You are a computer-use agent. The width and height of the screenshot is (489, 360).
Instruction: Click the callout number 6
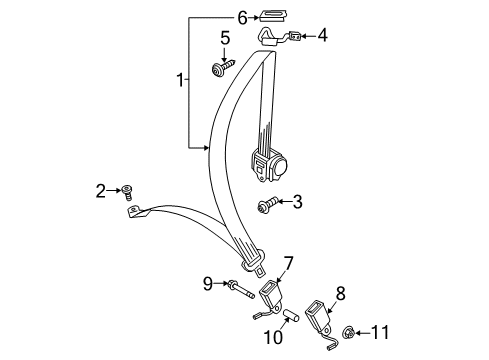242,18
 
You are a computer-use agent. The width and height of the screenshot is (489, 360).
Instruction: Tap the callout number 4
322,36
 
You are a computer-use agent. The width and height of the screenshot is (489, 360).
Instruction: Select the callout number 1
180,80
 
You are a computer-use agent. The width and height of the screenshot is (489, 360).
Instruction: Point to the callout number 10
273,337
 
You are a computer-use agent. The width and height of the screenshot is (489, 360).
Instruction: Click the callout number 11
380,332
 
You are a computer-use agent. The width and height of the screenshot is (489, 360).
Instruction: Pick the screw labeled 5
223,67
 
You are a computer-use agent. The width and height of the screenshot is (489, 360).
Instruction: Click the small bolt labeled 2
127,193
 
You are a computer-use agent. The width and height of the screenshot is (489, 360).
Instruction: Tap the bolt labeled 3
268,204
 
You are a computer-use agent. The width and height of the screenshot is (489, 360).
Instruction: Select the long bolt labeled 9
240,289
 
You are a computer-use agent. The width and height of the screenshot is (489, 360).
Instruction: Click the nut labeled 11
348,333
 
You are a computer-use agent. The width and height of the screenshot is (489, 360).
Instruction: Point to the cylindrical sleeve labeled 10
291,316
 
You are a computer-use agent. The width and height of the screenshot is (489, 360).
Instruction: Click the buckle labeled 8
322,320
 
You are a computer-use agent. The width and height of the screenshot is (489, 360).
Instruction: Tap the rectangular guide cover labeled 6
274,16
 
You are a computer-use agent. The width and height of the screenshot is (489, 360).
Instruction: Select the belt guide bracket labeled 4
279,37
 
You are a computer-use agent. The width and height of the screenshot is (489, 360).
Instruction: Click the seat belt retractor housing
269,165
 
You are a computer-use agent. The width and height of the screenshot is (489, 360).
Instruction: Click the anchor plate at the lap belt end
136,212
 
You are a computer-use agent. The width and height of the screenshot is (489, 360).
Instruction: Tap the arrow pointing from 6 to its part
254,18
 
